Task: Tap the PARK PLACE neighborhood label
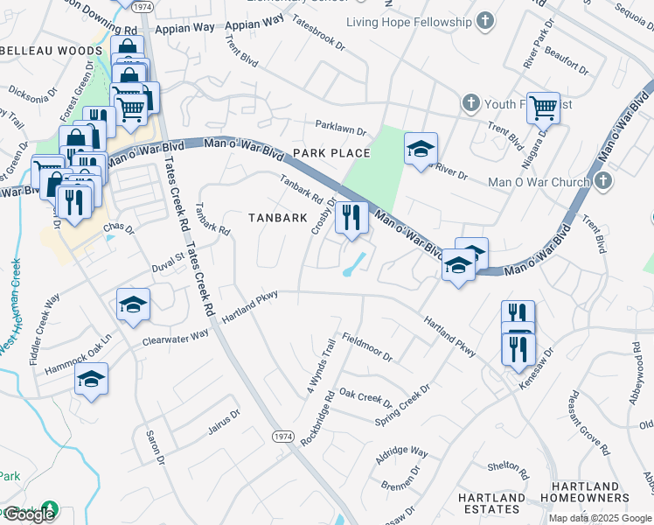point(331,153)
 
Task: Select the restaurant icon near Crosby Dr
point(351,219)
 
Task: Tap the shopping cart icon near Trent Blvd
point(543,109)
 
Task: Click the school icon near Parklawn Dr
point(421,149)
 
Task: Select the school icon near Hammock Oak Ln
point(90,381)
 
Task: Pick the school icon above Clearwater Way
point(133,304)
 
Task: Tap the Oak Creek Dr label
point(365,398)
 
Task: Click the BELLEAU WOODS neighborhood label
point(51,52)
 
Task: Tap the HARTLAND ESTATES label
point(492,503)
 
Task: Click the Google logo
point(29,514)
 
